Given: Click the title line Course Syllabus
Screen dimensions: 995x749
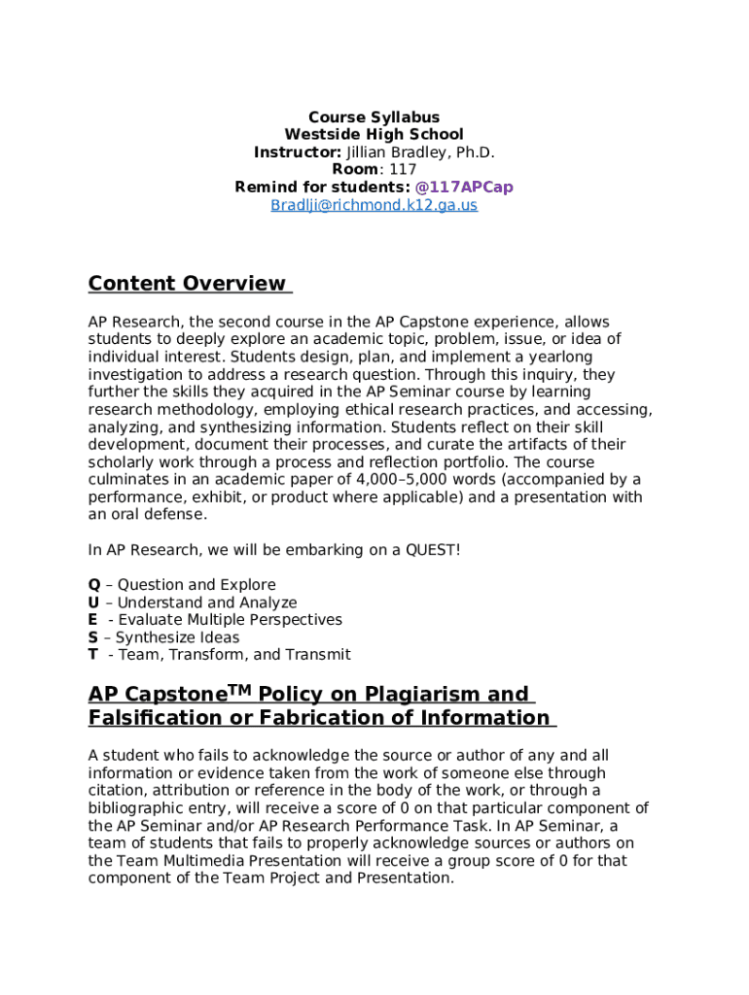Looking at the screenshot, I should click(374, 118).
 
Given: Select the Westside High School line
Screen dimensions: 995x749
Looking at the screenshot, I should click(374, 135).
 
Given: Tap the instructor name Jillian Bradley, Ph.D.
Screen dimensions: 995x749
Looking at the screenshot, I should click(420, 153).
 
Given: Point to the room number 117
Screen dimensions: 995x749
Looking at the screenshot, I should click(403, 170).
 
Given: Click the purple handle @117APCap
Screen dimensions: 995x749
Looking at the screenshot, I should click(464, 188).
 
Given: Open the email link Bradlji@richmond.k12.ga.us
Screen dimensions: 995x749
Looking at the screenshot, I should click(374, 206).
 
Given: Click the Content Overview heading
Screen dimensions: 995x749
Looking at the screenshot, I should click(188, 284).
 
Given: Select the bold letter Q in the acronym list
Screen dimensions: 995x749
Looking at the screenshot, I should click(94, 585).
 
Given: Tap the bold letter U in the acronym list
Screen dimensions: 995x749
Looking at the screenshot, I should click(93, 602).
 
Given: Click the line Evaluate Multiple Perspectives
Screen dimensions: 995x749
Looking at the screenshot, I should click(230, 620).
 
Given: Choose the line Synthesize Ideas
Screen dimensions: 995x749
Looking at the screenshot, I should click(177, 637).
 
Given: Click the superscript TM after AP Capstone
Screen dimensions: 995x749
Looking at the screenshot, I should click(240, 690).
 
